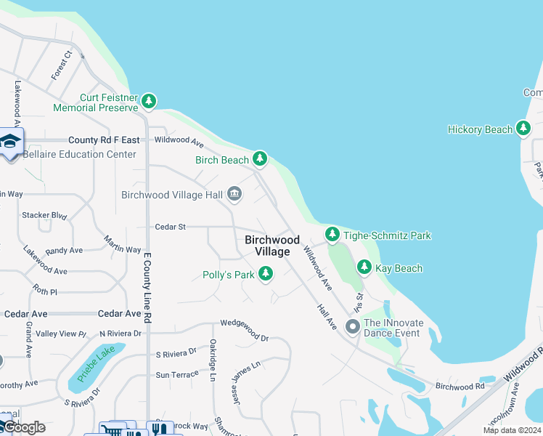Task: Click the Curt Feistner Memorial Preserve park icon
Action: tap(149, 101)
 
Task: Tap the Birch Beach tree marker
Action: tap(260, 159)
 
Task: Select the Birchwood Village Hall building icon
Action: tap(234, 194)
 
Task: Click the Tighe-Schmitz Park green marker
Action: tap(332, 235)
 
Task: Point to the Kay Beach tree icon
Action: tap(364, 268)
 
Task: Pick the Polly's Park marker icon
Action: tap(266, 274)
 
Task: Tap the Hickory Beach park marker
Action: tap(523, 129)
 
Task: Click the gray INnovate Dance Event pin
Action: tap(353, 326)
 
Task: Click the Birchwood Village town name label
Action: tap(272, 246)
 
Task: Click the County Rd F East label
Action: tap(104, 140)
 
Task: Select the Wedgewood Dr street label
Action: tap(245, 338)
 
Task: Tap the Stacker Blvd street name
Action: tap(44, 216)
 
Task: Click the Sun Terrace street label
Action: tap(176, 375)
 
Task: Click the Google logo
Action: tap(23, 427)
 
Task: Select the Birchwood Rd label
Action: tap(460, 387)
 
